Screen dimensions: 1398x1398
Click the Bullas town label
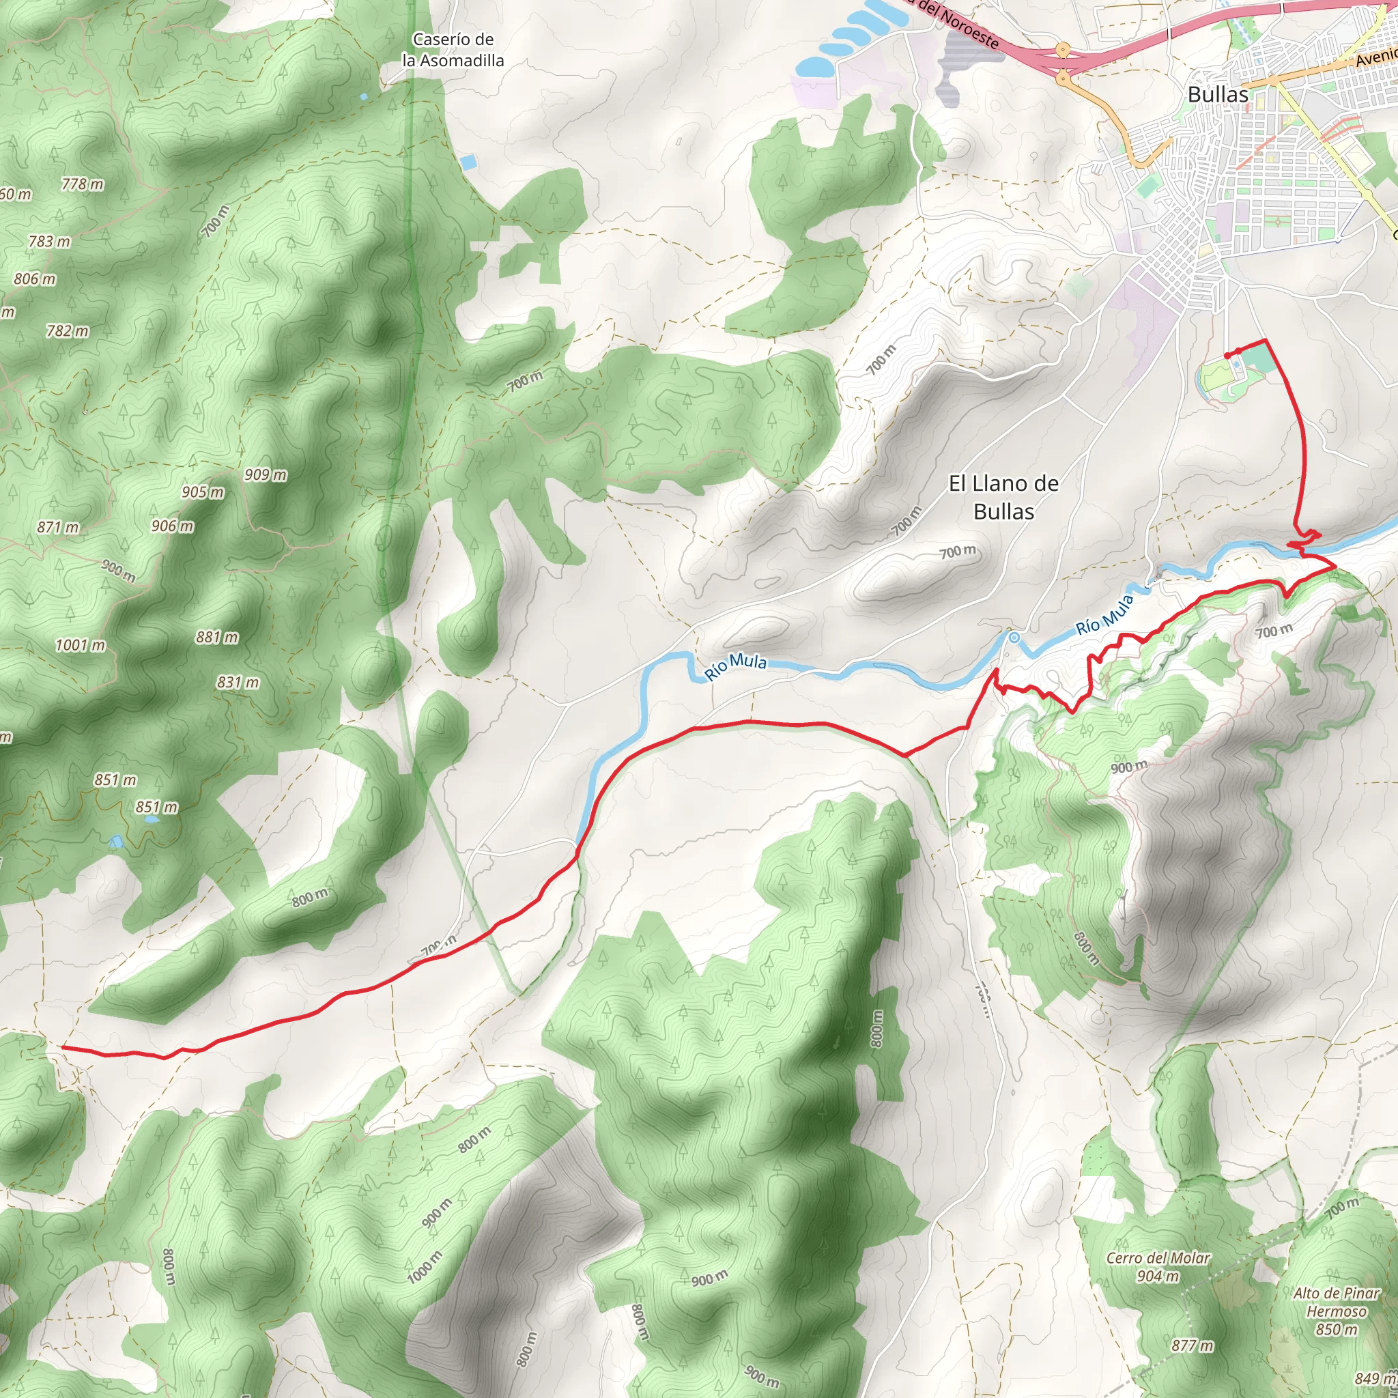(x=1218, y=95)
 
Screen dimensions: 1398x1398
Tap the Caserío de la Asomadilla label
(x=453, y=50)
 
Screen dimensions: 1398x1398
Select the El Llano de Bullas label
(x=1003, y=497)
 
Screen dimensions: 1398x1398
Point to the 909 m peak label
(x=266, y=474)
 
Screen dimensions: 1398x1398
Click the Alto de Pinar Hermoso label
(x=1337, y=1311)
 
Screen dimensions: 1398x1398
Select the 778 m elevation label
(x=83, y=184)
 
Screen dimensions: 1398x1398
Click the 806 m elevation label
(x=35, y=279)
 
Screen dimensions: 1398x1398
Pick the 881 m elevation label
(x=217, y=637)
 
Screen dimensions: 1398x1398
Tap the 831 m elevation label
(x=238, y=682)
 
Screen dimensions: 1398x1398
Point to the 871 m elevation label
(x=58, y=527)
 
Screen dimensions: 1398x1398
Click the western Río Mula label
(x=735, y=664)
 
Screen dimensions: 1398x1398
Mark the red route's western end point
(x=63, y=1047)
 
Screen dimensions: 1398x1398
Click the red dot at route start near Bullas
(x=1228, y=354)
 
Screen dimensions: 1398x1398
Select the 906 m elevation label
(x=172, y=526)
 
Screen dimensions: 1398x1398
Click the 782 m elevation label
(x=68, y=330)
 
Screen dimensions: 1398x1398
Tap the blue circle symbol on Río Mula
(x=1014, y=638)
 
